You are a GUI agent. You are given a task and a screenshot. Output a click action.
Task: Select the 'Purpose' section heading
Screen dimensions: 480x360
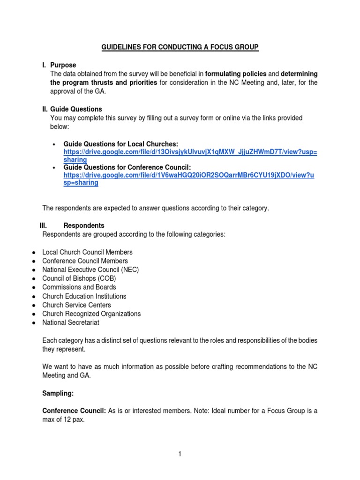pos(63,65)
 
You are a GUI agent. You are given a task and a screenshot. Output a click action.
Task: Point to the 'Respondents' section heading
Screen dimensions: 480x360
pos(83,225)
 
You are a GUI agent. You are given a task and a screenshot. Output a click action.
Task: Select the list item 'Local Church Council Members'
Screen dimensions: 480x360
pos(87,252)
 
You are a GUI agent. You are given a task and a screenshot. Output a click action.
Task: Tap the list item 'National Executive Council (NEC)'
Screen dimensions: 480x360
pos(90,270)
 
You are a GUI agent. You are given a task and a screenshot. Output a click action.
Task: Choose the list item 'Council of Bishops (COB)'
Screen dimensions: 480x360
pos(79,278)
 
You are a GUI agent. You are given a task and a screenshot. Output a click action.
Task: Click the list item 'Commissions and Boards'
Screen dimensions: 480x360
pos(79,287)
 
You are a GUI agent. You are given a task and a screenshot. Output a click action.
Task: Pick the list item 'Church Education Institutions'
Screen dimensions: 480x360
pos(84,296)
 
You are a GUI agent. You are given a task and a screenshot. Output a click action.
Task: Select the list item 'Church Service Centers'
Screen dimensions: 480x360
pos(76,305)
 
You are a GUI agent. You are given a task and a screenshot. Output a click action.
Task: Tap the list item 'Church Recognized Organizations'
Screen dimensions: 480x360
pos(91,314)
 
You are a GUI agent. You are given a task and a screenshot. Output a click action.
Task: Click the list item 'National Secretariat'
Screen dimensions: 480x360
pos(70,322)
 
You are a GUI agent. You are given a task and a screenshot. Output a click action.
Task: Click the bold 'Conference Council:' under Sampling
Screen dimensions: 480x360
pos(74,411)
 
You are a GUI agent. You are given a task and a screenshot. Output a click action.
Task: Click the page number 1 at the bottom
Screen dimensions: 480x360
pos(180,454)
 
